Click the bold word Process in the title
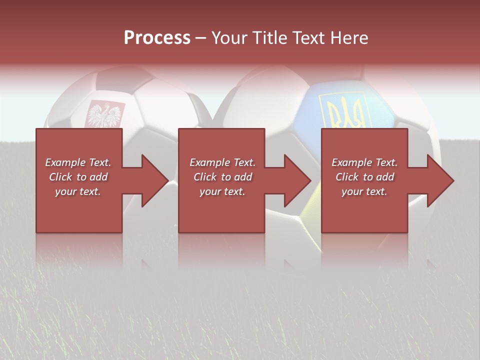(x=157, y=38)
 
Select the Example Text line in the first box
(x=78, y=162)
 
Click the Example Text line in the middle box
(x=222, y=162)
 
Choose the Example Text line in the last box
(x=364, y=162)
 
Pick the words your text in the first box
(x=78, y=191)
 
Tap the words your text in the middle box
(x=222, y=191)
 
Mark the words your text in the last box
(x=364, y=191)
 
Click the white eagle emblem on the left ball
(x=105, y=114)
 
